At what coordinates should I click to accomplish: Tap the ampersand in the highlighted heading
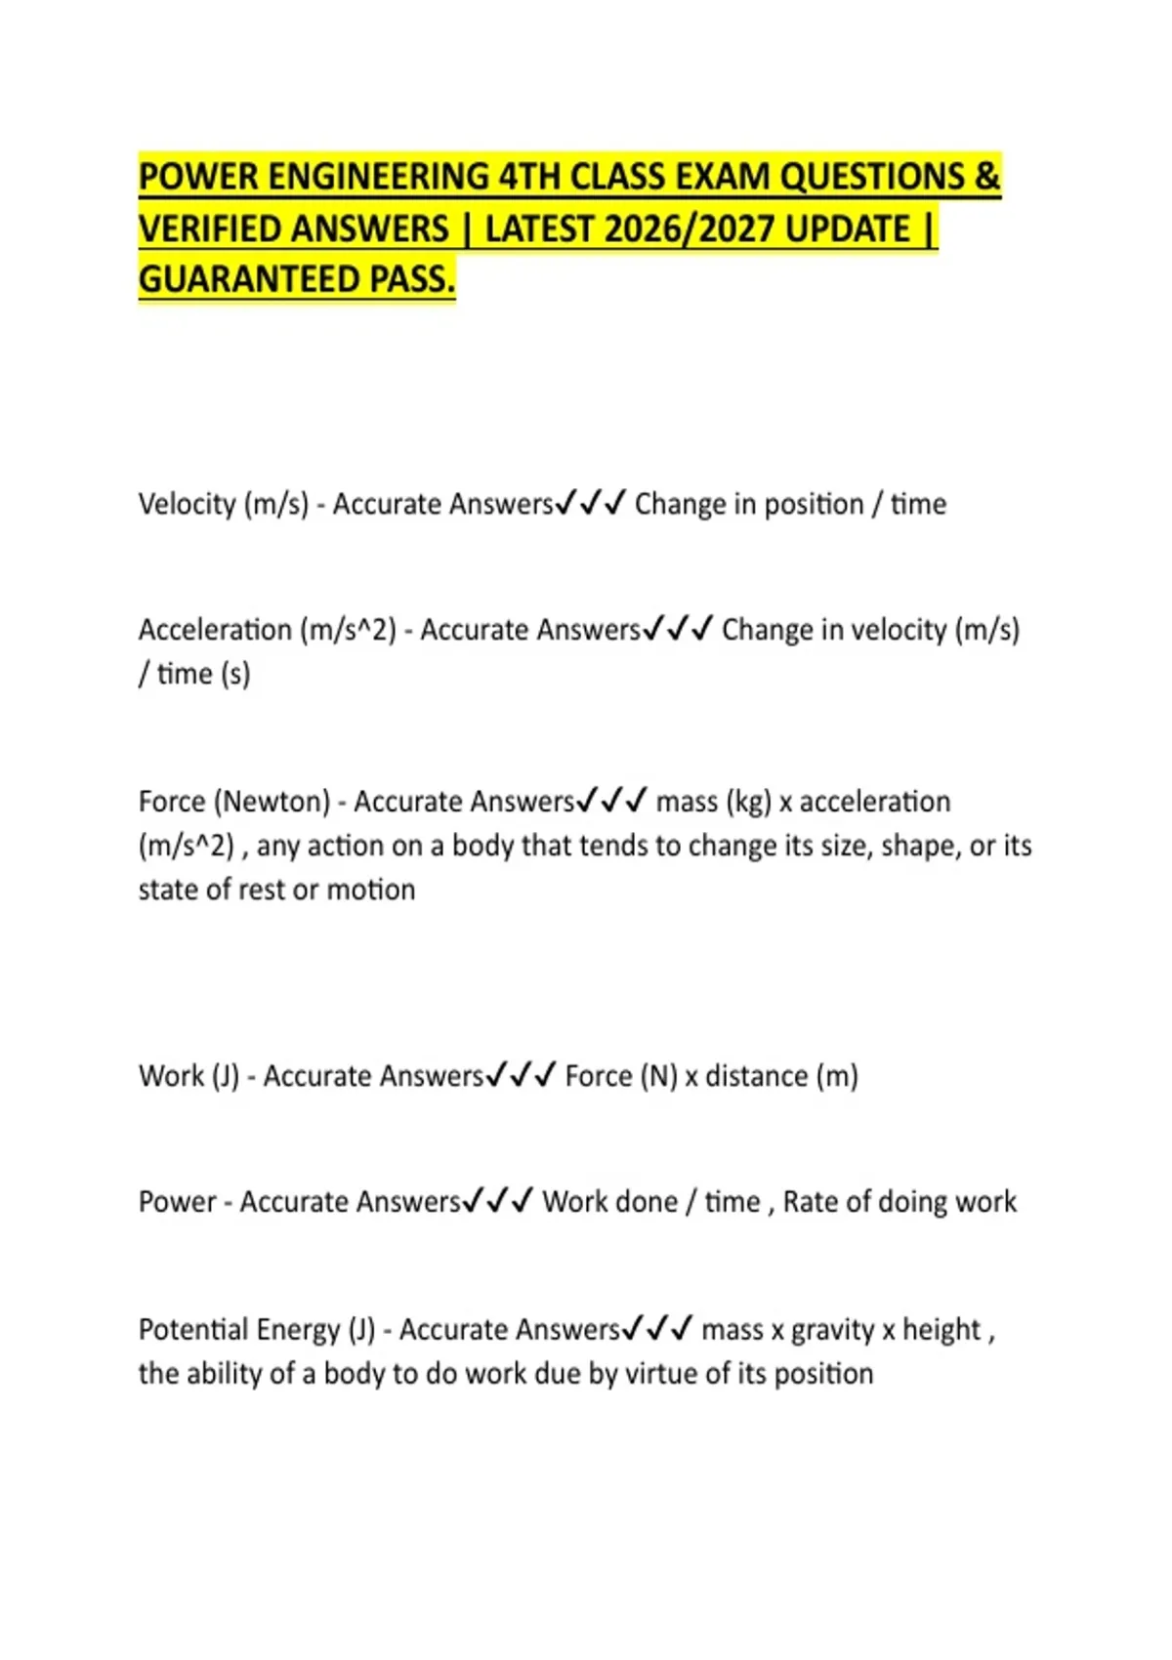(986, 177)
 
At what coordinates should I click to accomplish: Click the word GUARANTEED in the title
(249, 280)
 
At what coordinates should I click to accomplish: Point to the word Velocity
(187, 504)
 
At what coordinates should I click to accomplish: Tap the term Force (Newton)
(234, 802)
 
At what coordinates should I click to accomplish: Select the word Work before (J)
(172, 1076)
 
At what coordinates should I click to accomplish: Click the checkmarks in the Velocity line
(590, 504)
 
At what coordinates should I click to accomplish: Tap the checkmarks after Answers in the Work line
(521, 1076)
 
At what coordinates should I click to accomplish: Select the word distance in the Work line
(756, 1076)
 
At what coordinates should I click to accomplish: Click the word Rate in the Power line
(810, 1202)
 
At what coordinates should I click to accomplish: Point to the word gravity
(832, 1331)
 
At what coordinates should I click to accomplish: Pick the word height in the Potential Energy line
(941, 1330)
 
